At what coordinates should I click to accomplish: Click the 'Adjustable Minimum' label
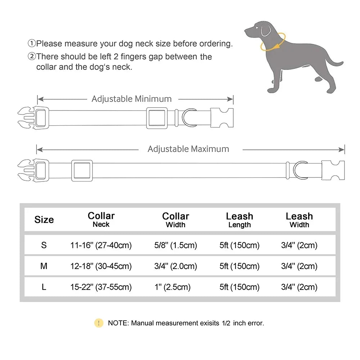coord(131,99)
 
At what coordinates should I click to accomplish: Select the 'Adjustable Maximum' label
coord(188,149)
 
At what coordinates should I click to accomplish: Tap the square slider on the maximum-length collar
coord(82,170)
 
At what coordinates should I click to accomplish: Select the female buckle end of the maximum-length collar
coord(333,170)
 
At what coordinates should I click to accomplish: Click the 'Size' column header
coord(44,220)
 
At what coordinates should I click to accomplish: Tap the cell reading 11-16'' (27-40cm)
coord(101,246)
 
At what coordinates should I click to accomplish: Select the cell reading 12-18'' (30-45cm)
coord(101,266)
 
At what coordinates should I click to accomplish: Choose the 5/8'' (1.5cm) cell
coord(175,246)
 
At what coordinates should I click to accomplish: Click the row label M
coord(44,266)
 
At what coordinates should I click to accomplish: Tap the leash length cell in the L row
coord(239,287)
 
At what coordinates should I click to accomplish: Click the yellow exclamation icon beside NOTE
coord(99,323)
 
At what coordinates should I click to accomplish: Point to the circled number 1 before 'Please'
coord(32,44)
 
